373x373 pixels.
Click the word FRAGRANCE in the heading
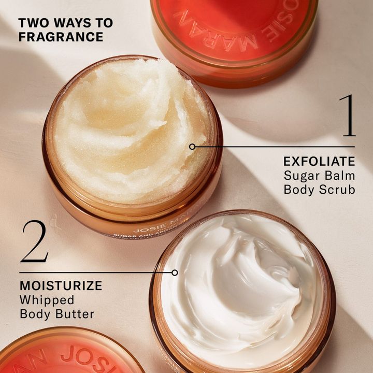pos(61,37)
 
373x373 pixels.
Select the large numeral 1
pos(348,115)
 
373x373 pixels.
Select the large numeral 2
pos(34,241)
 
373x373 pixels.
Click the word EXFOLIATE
pos(319,161)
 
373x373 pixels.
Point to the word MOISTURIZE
pos(61,285)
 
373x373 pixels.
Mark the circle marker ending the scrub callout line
pos(192,147)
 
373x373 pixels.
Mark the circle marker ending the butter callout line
pos(175,272)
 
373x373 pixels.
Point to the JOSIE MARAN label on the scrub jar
pos(155,228)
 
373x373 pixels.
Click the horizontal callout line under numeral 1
pos(275,147)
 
